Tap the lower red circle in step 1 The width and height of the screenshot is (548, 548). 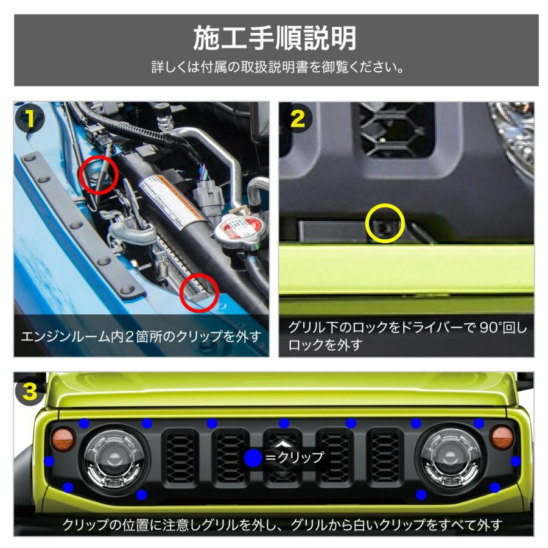[200, 293]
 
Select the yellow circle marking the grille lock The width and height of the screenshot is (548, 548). [385, 223]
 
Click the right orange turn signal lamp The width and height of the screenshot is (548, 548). [502, 438]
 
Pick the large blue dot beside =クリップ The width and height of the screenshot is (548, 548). [253, 458]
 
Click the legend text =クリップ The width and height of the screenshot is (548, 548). [295, 458]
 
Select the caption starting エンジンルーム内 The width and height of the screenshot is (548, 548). [141, 336]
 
